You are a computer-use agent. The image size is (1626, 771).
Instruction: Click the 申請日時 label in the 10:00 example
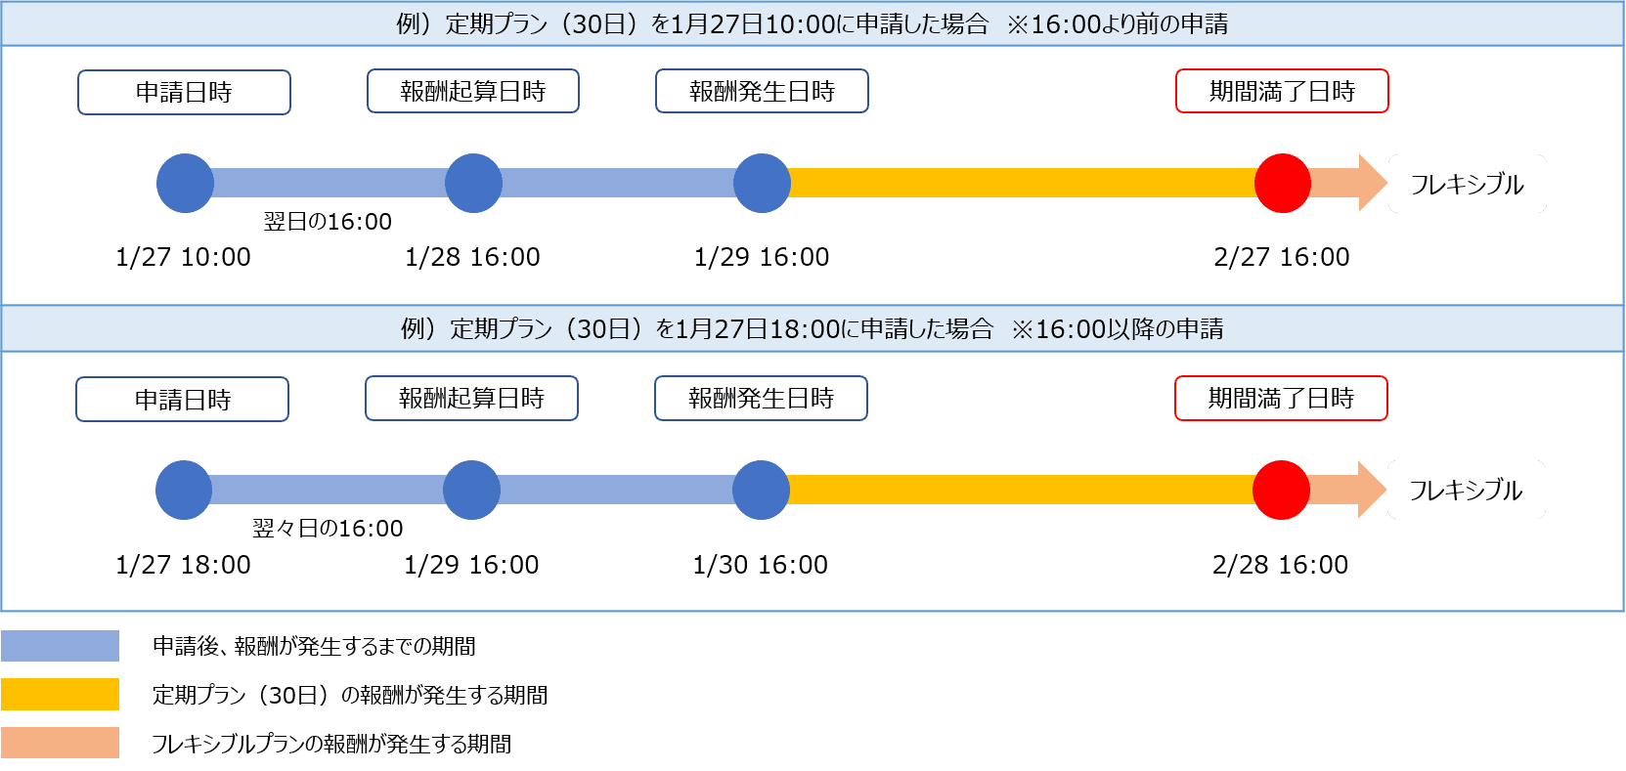184,93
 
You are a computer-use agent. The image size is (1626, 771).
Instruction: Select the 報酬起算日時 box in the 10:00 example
472,92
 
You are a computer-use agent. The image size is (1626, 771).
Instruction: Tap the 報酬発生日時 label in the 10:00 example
762,92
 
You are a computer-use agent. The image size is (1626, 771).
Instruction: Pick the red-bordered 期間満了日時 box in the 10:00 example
1282,92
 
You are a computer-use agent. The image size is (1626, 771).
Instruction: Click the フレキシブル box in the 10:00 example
1467,184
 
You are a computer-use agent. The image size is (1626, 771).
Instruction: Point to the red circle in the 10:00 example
1282,183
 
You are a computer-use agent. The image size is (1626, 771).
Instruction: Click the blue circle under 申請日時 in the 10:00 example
185,183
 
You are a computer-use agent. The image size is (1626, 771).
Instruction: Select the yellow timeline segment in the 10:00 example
1022,183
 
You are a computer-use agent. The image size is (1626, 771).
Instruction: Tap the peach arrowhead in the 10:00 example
1371,183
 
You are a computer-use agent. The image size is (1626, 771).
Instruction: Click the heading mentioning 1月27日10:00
812,23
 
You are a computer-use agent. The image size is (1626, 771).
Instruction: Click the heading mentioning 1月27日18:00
812,328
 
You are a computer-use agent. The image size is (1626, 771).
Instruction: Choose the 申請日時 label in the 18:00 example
182,400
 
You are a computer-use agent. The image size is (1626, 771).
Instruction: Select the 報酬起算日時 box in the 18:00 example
471,399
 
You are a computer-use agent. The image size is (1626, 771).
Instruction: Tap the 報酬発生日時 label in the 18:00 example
761,399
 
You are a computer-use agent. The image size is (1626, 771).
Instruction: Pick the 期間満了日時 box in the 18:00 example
1281,399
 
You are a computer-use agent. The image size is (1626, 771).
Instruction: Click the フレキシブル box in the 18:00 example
1466,490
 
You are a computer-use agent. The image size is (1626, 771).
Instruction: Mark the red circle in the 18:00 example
1281,490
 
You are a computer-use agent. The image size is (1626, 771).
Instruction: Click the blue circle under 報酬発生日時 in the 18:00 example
761,490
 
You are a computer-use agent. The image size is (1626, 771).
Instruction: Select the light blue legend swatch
60,646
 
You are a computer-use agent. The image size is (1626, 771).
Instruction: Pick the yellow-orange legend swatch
60,694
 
